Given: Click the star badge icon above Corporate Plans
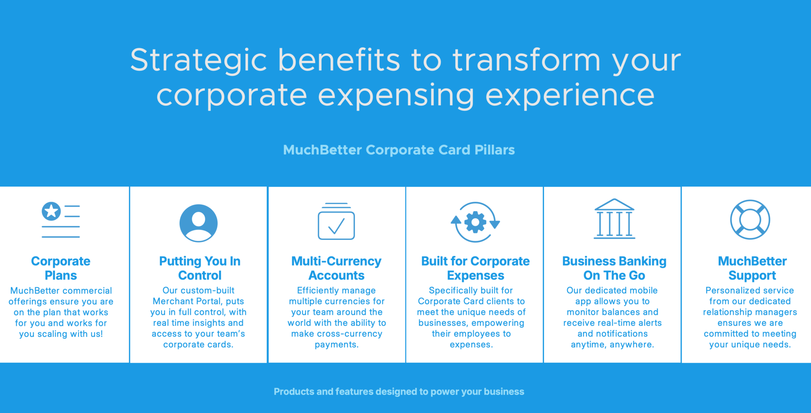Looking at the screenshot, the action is tap(51, 211).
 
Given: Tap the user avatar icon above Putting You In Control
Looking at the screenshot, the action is tap(198, 223).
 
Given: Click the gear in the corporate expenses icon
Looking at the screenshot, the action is tap(475, 222).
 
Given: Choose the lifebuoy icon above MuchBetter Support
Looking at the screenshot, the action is tap(750, 219).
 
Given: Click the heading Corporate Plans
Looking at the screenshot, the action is tap(61, 268).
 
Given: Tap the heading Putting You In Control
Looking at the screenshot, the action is tap(200, 268).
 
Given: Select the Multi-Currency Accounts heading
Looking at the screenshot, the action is tap(336, 268).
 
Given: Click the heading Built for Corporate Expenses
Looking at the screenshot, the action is tap(475, 268).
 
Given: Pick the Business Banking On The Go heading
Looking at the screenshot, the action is tap(614, 268).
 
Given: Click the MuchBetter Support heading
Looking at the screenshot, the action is tap(752, 268).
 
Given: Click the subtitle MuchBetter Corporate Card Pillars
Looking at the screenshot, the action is tap(399, 150).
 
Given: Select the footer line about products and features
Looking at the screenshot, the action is tap(399, 392).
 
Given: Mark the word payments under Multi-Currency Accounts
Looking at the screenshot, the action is tap(336, 345).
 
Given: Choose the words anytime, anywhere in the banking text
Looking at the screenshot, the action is tap(612, 345).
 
